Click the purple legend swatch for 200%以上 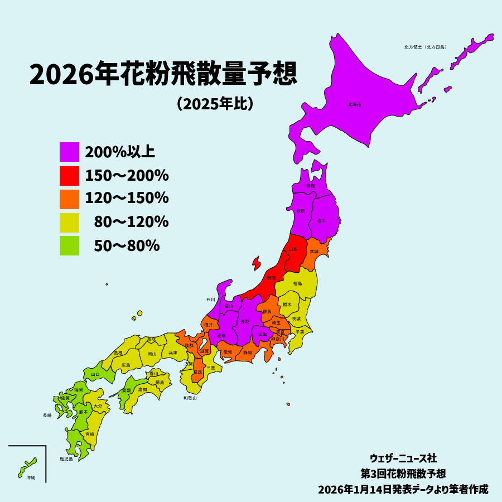tap(69, 152)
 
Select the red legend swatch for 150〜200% tap(69, 176)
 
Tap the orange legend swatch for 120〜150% tap(69, 199)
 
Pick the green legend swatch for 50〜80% tap(69, 245)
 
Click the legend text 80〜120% tap(131, 222)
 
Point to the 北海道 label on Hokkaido tap(355, 104)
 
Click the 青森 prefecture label tap(311, 186)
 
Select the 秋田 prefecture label tap(300, 211)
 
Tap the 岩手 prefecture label tap(321, 221)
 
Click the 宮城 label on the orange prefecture tap(315, 252)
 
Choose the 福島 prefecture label tap(298, 283)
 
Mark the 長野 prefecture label tap(245, 322)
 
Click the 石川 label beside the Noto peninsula tap(210, 300)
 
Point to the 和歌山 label tap(190, 398)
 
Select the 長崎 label tap(47, 416)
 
